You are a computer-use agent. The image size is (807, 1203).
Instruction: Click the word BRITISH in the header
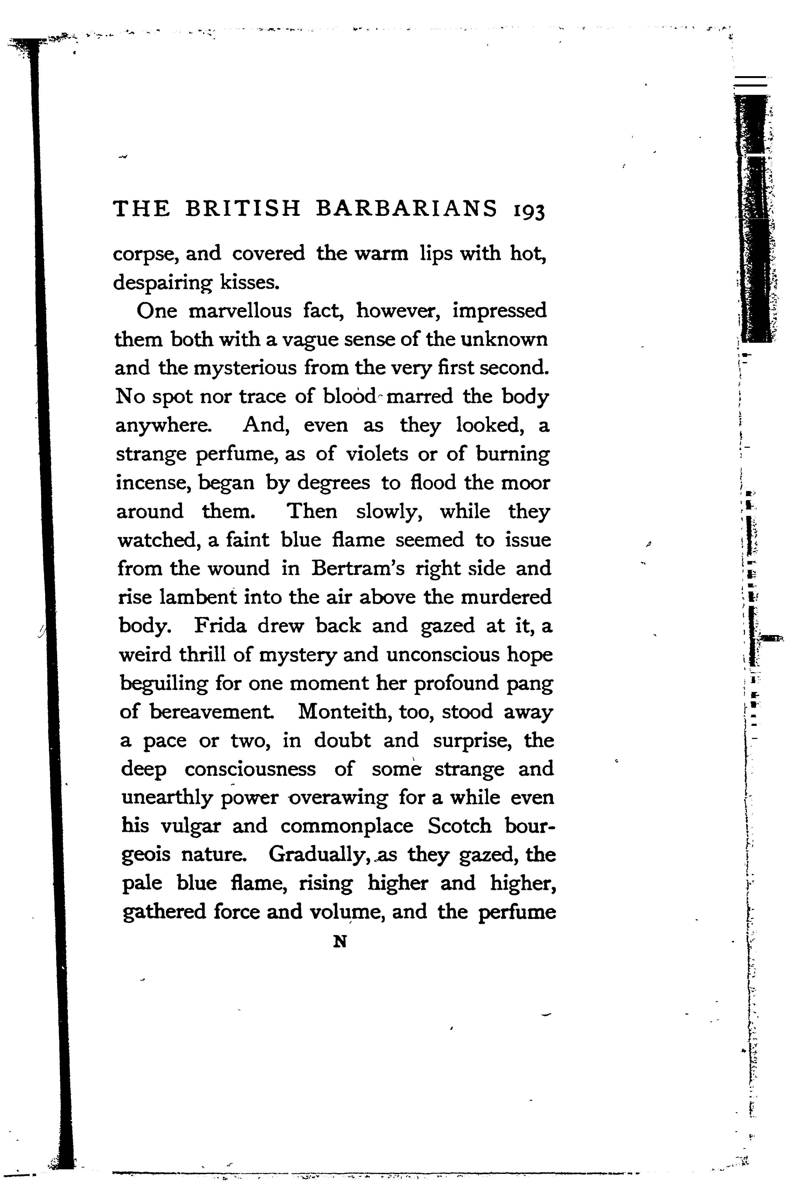242,208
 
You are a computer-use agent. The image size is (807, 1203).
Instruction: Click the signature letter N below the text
340,942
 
